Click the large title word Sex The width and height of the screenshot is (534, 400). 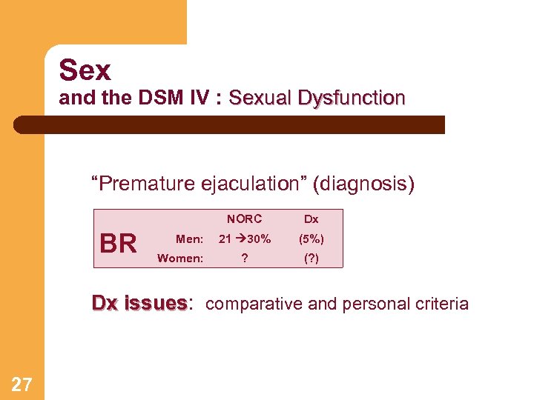click(x=85, y=70)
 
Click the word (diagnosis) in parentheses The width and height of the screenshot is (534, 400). click(x=364, y=183)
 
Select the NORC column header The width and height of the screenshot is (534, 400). click(x=244, y=219)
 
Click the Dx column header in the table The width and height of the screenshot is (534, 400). click(x=311, y=219)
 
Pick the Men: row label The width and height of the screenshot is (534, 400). click(x=189, y=239)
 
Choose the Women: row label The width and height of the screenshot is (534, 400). click(x=180, y=258)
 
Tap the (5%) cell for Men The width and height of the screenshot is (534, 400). click(x=311, y=239)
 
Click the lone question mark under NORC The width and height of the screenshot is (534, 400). click(x=244, y=258)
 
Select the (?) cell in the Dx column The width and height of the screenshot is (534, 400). click(x=311, y=258)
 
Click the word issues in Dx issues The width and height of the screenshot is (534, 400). click(x=156, y=303)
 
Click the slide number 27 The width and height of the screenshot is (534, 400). click(x=22, y=383)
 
